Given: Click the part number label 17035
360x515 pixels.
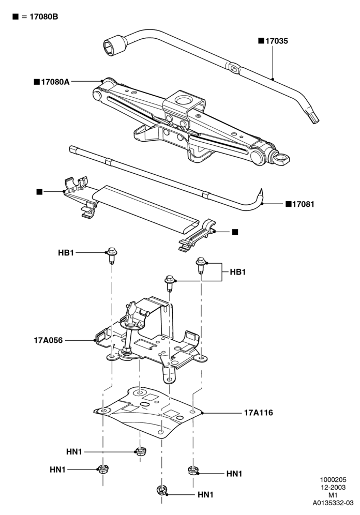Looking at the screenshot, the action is pos(277,41).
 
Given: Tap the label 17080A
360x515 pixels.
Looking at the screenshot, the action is pos(55,82).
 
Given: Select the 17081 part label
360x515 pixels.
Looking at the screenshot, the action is pos(303,204).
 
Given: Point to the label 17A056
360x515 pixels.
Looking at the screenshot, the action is pos(48,340).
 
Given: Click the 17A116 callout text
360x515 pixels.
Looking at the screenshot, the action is pos(259,413).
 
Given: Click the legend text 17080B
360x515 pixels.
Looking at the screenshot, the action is pos(44,17).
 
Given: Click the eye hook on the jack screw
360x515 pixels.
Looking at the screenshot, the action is pos(281,160).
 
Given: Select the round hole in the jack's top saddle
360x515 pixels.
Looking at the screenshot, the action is pos(183,99).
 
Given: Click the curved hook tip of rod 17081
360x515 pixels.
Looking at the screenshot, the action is pos(261,194).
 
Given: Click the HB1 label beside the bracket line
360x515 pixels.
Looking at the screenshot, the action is pos(238,272).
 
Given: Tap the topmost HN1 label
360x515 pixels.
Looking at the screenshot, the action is pos(74,451).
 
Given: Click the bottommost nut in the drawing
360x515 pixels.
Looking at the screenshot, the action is pos(161,491).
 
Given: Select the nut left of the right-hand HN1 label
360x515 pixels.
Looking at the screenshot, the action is pos(193,471).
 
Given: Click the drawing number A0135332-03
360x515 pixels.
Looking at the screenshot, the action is pos(333,503).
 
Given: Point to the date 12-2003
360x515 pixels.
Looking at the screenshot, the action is pos(333,488).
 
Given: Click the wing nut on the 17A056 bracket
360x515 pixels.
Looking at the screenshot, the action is pos(131,308).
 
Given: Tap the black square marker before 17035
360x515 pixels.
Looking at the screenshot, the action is pos(261,41).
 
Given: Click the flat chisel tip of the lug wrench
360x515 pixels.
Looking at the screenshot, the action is pos(313,118).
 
